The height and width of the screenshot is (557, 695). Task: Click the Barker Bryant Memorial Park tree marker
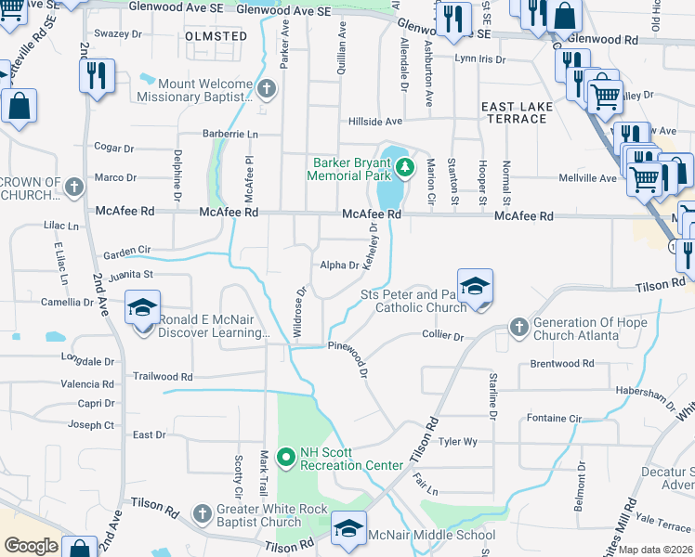(x=404, y=168)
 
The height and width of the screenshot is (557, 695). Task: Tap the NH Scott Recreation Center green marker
(x=287, y=455)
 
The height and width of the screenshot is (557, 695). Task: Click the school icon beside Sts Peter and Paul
(x=474, y=287)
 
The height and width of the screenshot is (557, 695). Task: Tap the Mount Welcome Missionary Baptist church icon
(x=267, y=90)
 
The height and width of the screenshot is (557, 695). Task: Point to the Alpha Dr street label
(x=339, y=266)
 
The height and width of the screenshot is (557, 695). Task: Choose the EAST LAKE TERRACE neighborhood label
(x=517, y=113)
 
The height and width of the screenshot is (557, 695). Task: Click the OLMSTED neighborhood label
(x=216, y=36)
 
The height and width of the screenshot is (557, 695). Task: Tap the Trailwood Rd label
(x=162, y=377)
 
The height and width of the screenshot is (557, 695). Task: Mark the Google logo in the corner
(x=31, y=546)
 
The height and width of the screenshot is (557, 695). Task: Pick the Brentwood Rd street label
(x=555, y=364)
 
